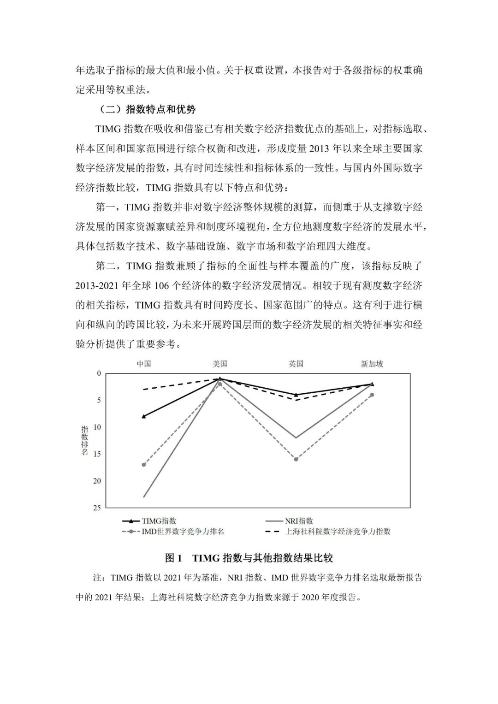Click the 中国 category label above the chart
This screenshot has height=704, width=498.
pyautogui.click(x=144, y=364)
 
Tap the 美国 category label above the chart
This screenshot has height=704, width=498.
pyautogui.click(x=220, y=364)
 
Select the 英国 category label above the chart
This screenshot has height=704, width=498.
pyautogui.click(x=296, y=364)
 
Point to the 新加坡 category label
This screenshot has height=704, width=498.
pyautogui.click(x=372, y=364)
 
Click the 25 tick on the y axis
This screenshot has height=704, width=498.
pyautogui.click(x=97, y=508)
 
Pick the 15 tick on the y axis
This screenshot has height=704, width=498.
pyautogui.click(x=97, y=454)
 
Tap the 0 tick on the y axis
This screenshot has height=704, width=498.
pyautogui.click(x=99, y=373)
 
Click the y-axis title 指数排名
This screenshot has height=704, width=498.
pyautogui.click(x=84, y=440)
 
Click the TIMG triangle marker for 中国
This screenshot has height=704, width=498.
pyautogui.click(x=144, y=416)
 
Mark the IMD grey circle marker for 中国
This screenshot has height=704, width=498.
pyautogui.click(x=144, y=465)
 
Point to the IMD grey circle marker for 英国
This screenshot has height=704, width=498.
pyautogui.click(x=296, y=459)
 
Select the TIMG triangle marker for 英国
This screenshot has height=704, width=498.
pyautogui.click(x=296, y=395)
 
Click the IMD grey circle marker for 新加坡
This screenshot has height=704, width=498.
pyautogui.click(x=372, y=395)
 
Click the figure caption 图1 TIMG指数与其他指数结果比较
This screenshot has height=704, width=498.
pyautogui.click(x=249, y=558)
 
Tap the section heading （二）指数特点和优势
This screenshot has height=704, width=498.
pyautogui.click(x=148, y=109)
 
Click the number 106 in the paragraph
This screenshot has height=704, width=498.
pyautogui.click(x=162, y=285)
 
